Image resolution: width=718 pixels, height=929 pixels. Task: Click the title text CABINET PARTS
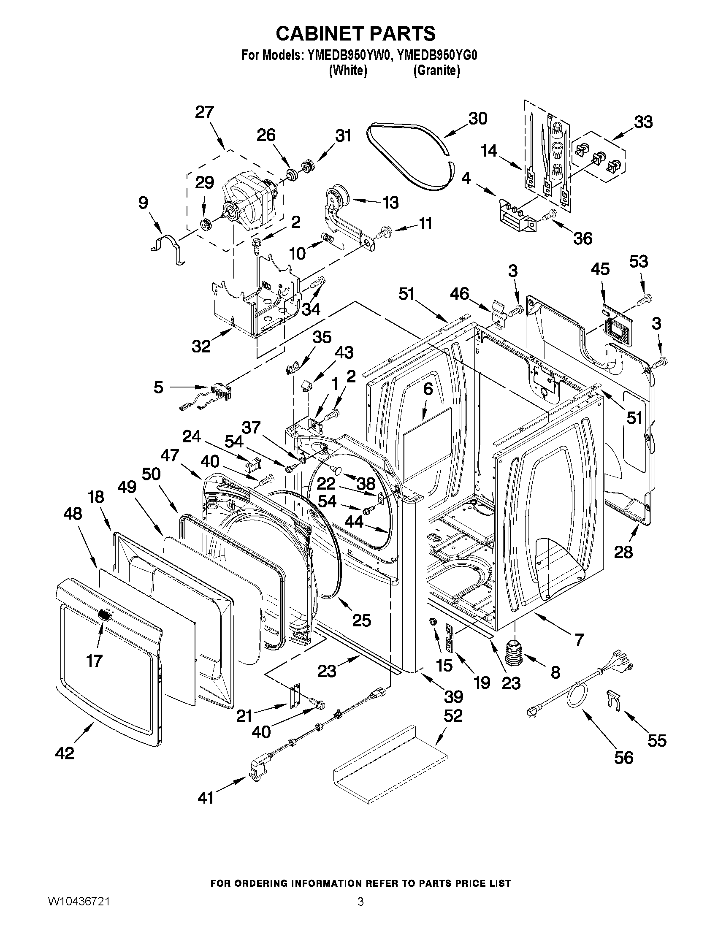(x=355, y=34)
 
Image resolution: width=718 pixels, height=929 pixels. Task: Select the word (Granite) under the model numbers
(x=436, y=70)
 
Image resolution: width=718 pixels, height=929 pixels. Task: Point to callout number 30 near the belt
(x=478, y=119)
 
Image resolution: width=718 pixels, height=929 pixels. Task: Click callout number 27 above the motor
(x=204, y=112)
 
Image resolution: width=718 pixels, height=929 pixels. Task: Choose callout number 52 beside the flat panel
(x=453, y=716)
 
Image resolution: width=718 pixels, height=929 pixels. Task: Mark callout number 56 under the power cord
(x=623, y=758)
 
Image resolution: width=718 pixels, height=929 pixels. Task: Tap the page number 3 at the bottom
(x=360, y=912)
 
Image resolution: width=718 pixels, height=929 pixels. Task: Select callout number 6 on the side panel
(x=428, y=389)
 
